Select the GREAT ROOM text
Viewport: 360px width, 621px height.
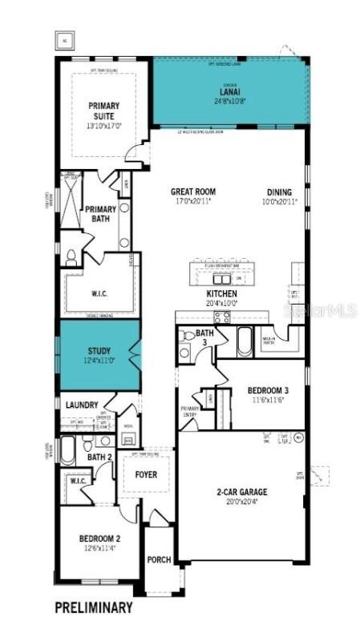pos(193,192)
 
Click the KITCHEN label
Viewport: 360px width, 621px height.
pos(222,293)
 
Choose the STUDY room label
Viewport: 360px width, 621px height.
pos(99,350)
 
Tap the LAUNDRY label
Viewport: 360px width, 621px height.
pos(81,405)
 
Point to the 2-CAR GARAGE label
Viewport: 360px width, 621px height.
pos(240,491)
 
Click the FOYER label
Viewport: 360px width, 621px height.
pos(146,474)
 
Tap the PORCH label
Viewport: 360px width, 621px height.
pos(159,559)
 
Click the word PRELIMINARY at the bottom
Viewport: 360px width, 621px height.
pos(93,607)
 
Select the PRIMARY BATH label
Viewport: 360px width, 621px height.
pos(101,214)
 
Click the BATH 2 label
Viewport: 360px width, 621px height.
pos(99,457)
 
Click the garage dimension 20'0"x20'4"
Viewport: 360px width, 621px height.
pos(240,502)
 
